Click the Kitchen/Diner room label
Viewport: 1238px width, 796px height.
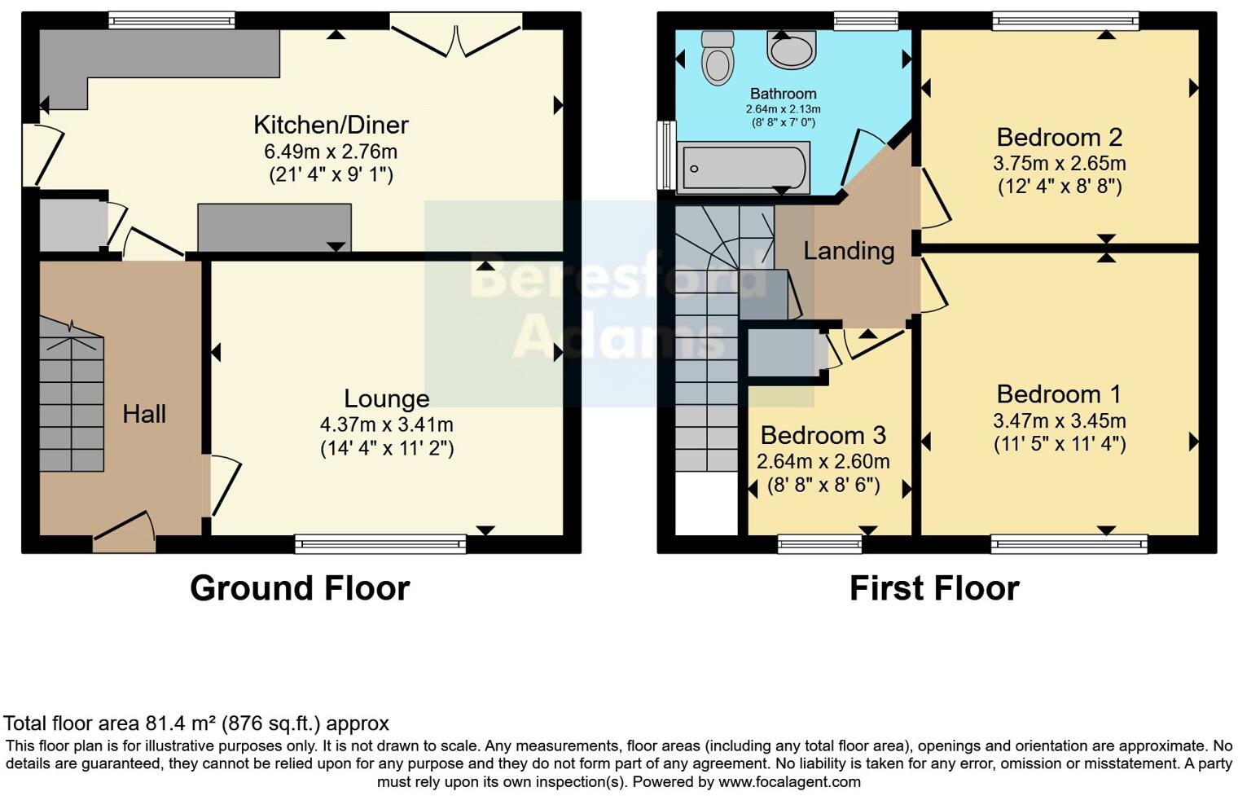click(x=331, y=125)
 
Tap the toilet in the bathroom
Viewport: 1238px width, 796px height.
click(x=718, y=59)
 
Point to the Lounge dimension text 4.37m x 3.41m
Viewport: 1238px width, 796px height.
click(x=386, y=424)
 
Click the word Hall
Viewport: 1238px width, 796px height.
click(x=144, y=414)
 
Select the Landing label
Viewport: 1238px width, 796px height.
click(x=849, y=251)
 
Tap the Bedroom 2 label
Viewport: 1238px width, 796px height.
click(x=1059, y=137)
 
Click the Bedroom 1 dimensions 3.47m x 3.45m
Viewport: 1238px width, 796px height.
click(x=1059, y=420)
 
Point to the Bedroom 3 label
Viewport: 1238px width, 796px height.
click(x=823, y=435)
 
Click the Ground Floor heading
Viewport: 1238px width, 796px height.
click(x=300, y=588)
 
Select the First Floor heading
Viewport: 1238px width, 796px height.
click(x=934, y=588)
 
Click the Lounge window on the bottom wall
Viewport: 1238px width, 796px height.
click(x=380, y=543)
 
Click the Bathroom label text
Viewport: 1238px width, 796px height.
click(x=783, y=94)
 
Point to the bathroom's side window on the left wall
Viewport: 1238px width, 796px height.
click(x=666, y=155)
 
